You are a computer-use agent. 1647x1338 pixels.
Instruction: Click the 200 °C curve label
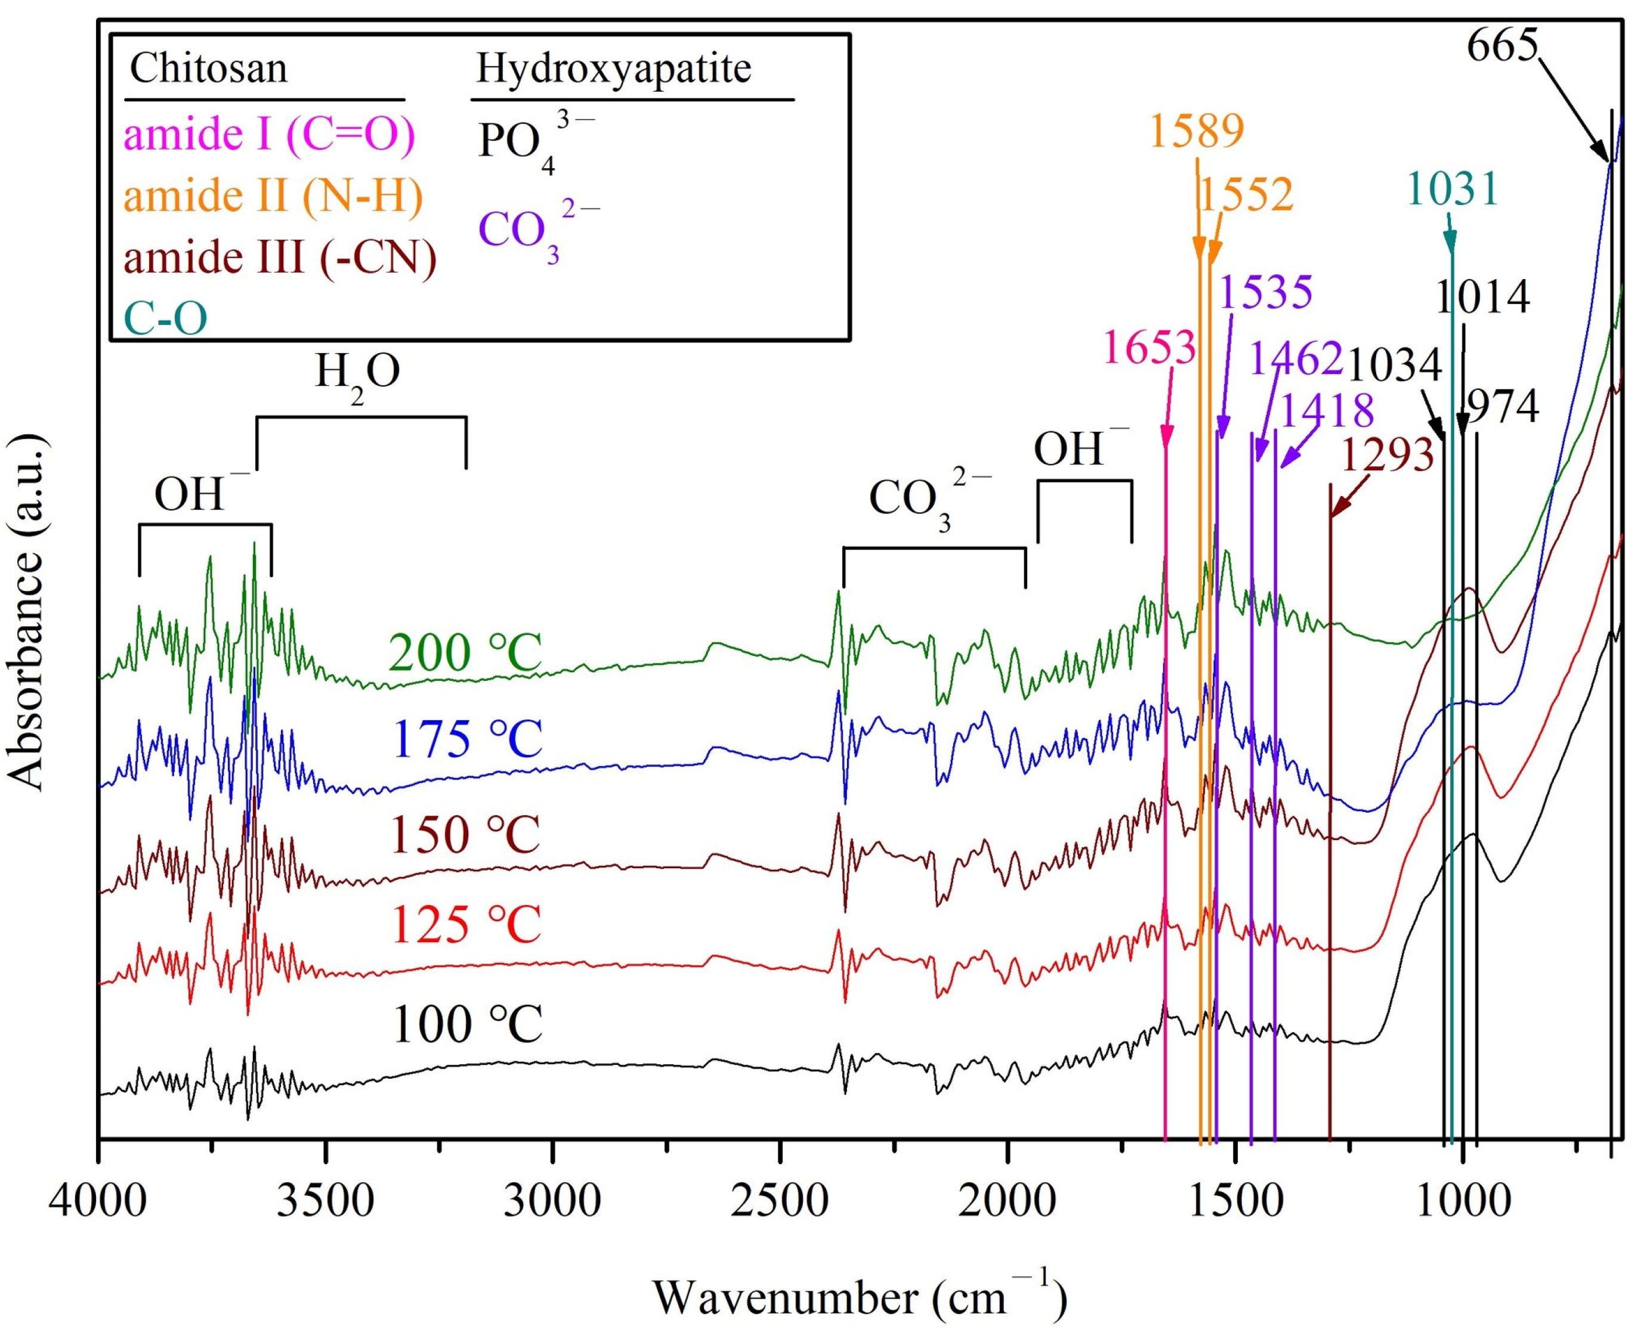465,653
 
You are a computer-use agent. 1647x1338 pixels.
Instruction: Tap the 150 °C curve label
465,835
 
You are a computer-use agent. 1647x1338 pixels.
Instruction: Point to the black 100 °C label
467,1024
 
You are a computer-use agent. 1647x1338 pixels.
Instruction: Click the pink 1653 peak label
1149,348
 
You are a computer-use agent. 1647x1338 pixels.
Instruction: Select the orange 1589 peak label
1197,131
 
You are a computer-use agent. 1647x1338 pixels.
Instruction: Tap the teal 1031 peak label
1452,189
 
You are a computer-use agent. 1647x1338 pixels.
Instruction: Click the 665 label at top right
1501,48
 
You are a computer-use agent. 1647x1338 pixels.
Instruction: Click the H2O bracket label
357,374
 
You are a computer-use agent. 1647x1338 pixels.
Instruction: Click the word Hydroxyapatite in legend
613,69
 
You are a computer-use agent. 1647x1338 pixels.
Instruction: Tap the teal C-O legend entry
166,318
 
